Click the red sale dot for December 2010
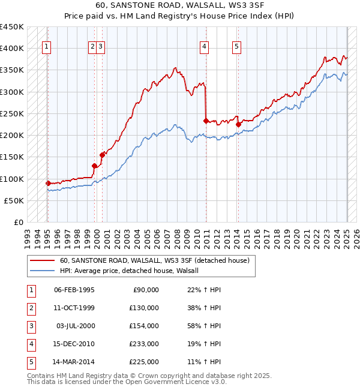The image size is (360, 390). point(206,121)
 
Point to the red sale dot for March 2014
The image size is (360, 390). point(238,124)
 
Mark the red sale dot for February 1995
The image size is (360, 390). point(48,183)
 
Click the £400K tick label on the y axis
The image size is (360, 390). point(12,49)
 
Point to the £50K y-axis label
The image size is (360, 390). point(14,200)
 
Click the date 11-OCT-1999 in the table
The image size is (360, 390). point(74,308)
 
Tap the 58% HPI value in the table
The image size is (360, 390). point(205,326)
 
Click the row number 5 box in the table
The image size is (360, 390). point(30,362)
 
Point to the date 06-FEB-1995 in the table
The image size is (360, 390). point(74,290)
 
